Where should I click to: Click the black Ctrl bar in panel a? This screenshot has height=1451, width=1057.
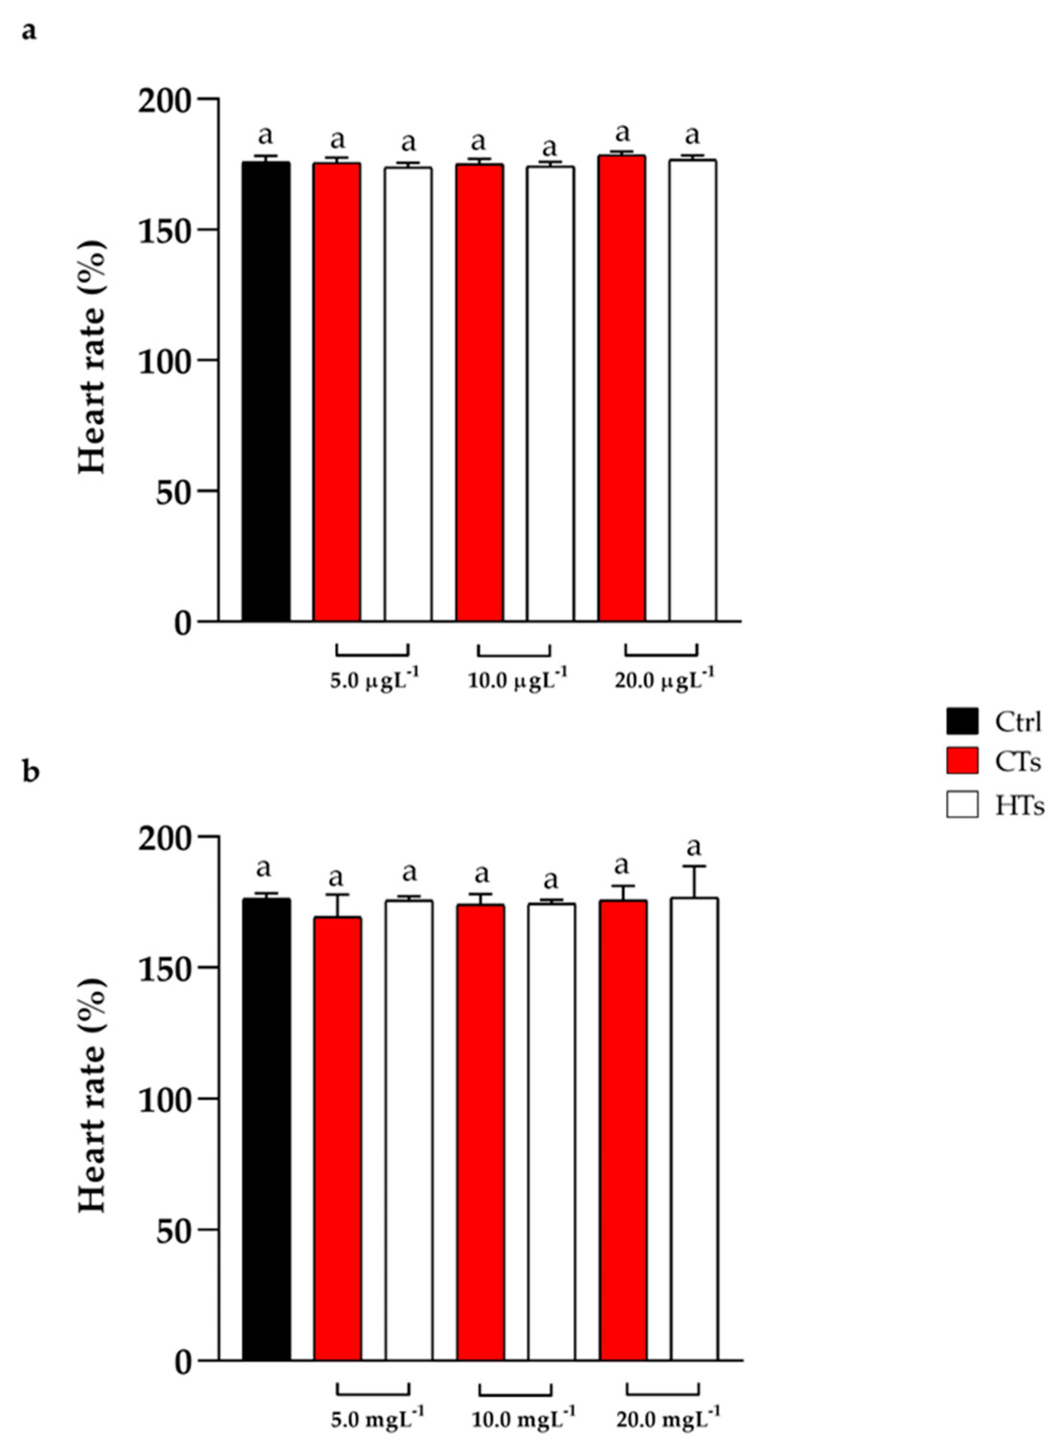coord(266,391)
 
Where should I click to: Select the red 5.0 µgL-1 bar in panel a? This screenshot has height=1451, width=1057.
coord(337,392)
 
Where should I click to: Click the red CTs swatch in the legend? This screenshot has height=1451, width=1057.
coord(962,761)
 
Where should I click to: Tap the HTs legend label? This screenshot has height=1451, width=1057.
coord(1019,806)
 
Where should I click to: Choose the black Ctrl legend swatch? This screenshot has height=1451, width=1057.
coord(962,721)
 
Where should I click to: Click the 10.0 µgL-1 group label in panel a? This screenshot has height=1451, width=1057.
coord(517,680)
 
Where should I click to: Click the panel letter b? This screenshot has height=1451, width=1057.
coord(30,772)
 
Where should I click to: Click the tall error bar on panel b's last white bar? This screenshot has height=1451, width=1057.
coord(694,882)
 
